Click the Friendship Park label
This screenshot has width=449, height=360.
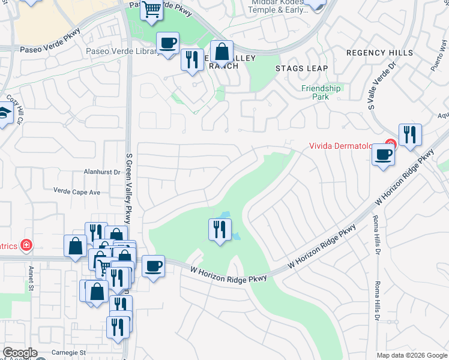321,92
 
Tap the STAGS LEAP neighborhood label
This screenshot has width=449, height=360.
301,68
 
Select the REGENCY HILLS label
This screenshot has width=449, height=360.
379,53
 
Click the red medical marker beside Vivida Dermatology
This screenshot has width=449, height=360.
390,145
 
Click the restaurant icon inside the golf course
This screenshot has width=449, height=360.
220,229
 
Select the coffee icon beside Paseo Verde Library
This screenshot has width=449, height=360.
167,43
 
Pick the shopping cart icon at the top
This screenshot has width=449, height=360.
152,9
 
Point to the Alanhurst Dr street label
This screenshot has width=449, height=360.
101,172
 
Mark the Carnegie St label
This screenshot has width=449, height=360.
68,352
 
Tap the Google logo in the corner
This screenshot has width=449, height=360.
19,353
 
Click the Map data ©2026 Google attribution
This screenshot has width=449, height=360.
412,355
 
